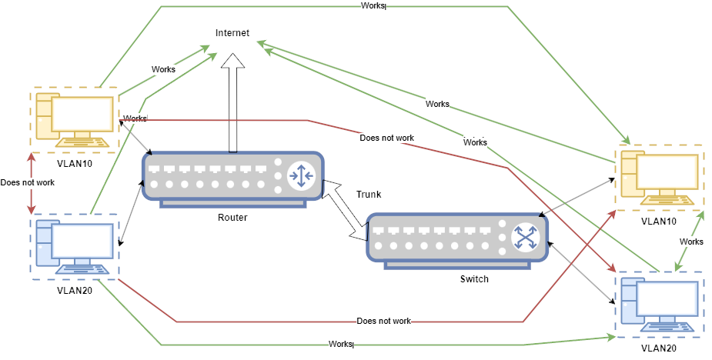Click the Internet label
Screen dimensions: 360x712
coord(232,33)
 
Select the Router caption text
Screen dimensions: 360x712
coord(232,218)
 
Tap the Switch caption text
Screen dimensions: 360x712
coord(473,278)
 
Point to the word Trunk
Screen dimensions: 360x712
coord(369,195)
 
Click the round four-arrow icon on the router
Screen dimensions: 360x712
coord(300,176)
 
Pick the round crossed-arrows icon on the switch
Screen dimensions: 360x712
coord(526,237)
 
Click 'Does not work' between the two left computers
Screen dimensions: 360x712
coord(28,183)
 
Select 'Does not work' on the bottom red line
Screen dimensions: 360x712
coord(384,321)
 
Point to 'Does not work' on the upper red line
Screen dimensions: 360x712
coord(386,138)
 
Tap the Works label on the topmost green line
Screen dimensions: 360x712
coord(373,6)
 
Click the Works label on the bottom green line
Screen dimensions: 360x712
coord(339,344)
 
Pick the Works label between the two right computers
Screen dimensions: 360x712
coord(691,242)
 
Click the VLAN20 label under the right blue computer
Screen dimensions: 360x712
coord(660,348)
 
